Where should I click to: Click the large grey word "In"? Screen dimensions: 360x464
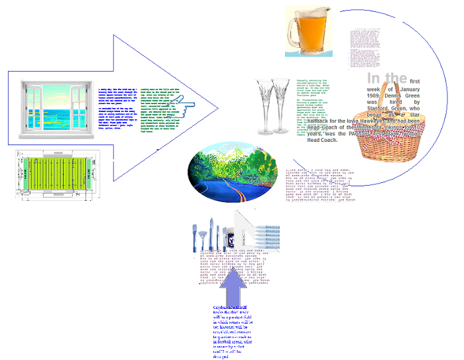(x=375, y=78)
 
